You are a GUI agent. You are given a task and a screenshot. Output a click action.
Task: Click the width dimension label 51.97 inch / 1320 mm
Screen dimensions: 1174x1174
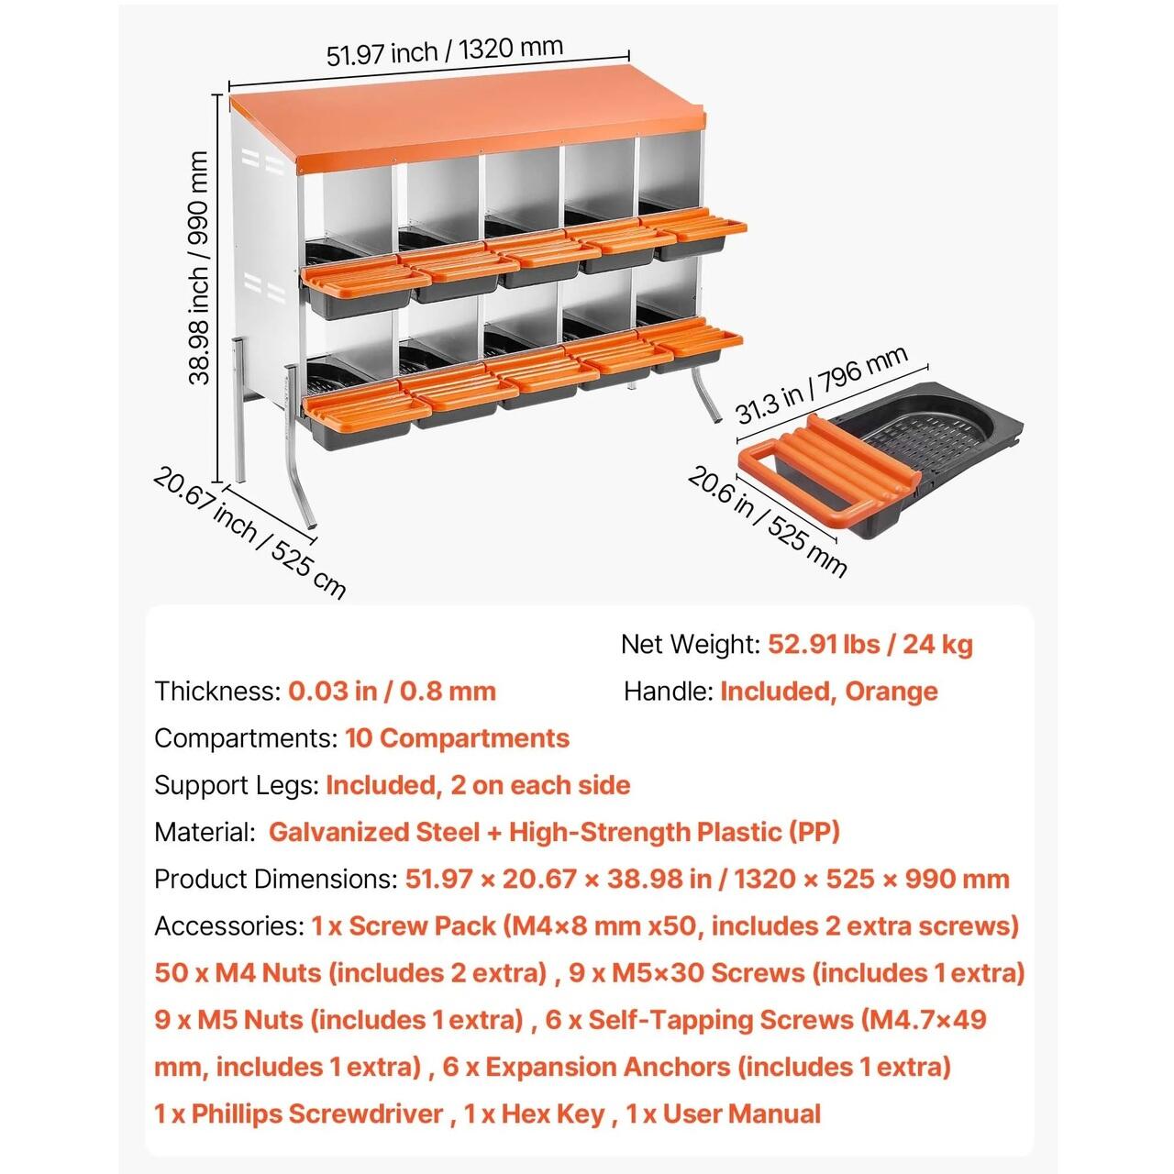click(x=445, y=51)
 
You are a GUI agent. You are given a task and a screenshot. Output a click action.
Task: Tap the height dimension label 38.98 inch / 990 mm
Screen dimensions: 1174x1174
click(x=199, y=268)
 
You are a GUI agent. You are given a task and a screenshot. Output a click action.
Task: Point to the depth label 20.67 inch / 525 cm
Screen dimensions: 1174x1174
click(x=249, y=532)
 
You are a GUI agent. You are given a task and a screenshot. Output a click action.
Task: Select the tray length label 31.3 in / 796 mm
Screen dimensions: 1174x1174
click(x=823, y=383)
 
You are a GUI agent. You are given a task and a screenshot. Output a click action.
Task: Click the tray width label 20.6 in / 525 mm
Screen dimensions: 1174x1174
click(x=767, y=522)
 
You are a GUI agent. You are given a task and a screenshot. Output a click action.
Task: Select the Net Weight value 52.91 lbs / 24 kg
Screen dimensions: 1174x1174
click(x=870, y=644)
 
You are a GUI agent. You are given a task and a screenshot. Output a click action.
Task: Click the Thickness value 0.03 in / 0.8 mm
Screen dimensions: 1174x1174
click(x=392, y=691)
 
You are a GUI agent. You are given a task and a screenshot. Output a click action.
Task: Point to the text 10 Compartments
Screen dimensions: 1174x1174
click(x=457, y=738)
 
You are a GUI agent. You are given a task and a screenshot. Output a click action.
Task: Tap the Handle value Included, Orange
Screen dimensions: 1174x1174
click(x=828, y=692)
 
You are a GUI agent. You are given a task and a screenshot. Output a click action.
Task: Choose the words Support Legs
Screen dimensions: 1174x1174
click(x=235, y=786)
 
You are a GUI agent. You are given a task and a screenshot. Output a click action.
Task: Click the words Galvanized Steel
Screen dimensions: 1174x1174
click(x=374, y=832)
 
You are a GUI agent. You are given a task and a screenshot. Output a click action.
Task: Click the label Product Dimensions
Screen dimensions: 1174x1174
click(x=275, y=880)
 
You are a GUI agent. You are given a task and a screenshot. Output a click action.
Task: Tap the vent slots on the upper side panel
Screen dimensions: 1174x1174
click(x=263, y=161)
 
